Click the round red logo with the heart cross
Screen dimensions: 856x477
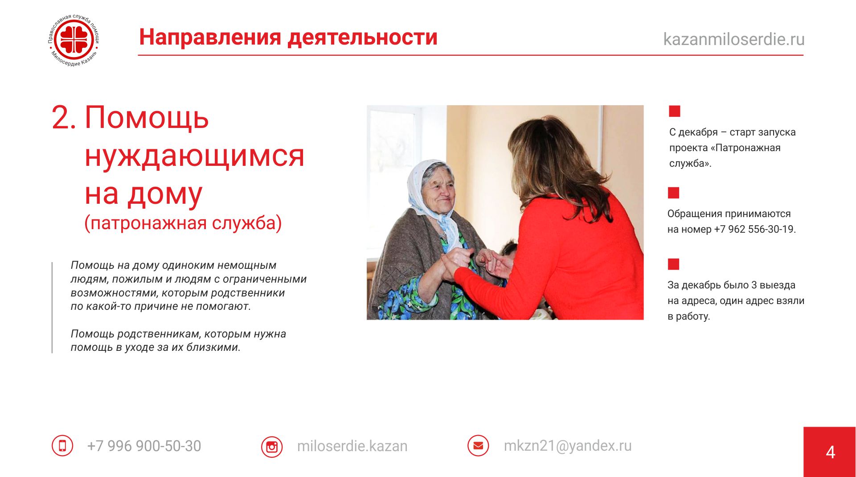coord(74,41)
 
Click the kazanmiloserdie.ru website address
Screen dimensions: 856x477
coord(734,39)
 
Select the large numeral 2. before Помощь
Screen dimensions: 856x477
coord(64,118)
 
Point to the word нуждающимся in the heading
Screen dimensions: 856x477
coord(194,157)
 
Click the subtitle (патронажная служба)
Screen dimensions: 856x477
coord(183,223)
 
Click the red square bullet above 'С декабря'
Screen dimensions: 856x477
coord(675,111)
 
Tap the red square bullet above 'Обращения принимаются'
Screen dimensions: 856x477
coord(673,193)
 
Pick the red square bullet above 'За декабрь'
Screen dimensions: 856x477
coord(673,264)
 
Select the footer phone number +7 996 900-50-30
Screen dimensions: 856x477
coord(144,446)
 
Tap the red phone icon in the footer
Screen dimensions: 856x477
coord(62,446)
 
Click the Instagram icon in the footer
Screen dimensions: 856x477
coord(272,447)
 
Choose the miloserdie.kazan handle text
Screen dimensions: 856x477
coord(352,446)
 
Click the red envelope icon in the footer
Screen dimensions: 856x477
coord(478,445)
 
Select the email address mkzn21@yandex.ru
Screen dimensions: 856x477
coord(568,446)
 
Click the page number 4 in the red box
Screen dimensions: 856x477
coord(830,452)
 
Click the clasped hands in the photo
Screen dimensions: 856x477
coord(477,263)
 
